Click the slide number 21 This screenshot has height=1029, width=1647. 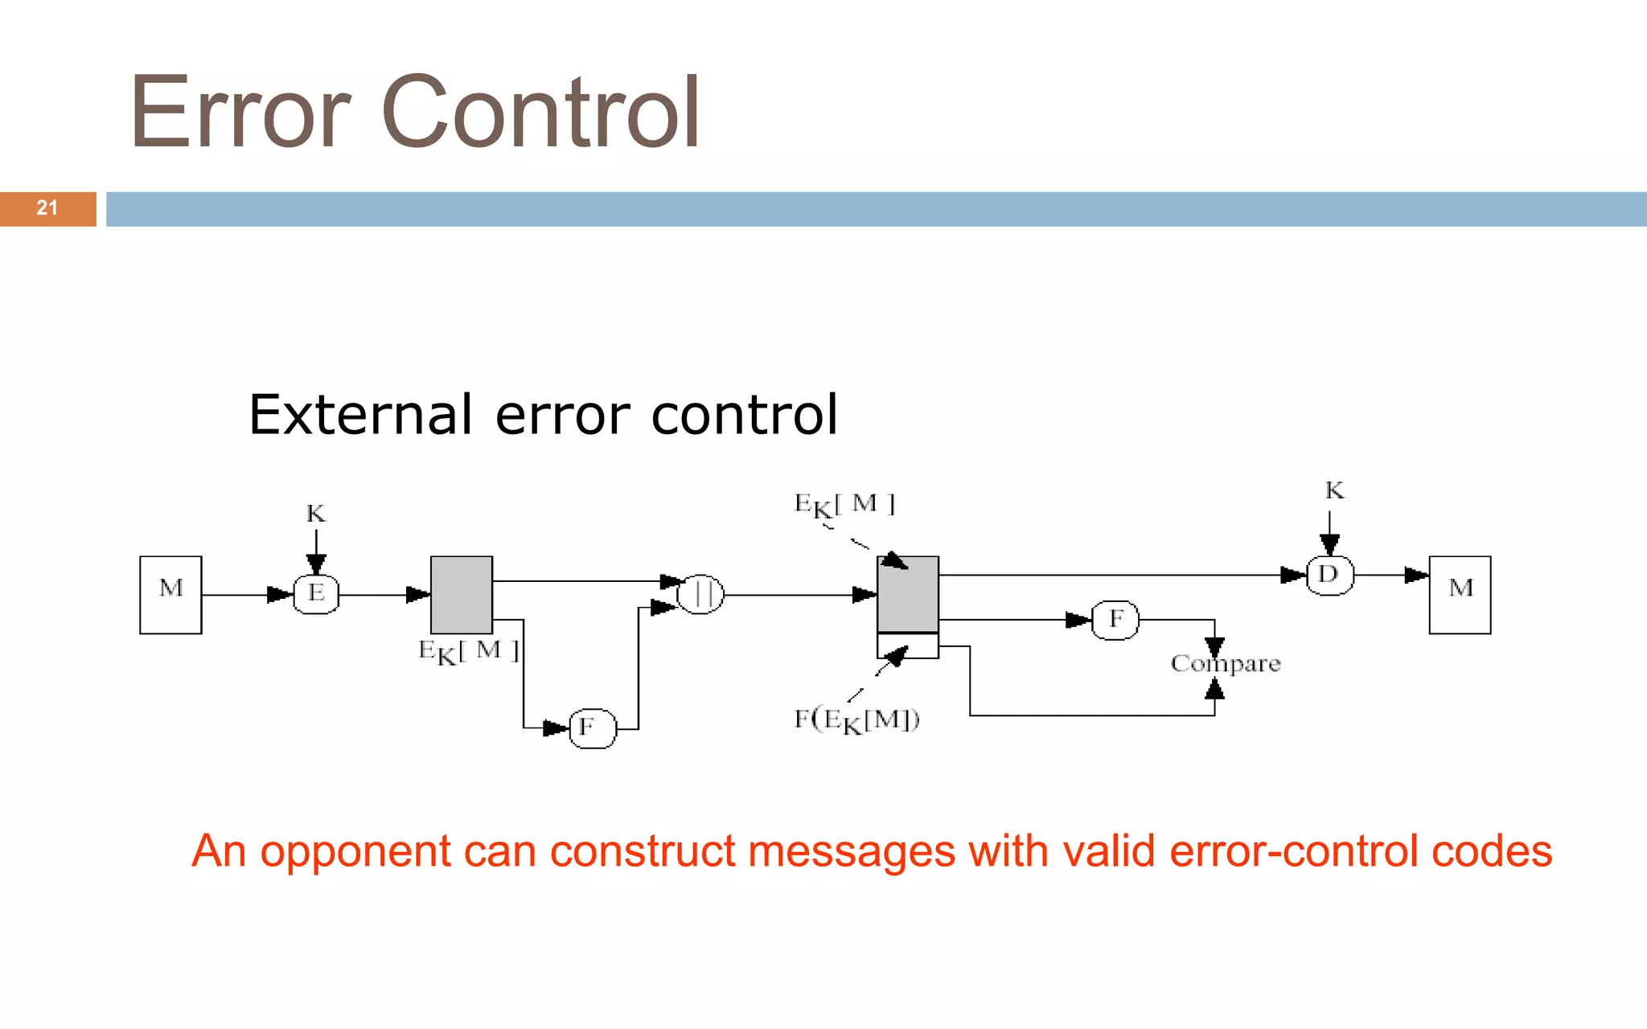point(47,208)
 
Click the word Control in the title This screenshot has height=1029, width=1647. point(540,113)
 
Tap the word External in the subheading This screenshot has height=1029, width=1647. point(359,416)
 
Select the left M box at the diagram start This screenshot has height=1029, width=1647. point(170,594)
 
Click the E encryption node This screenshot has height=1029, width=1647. point(316,594)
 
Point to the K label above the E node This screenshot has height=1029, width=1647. point(316,514)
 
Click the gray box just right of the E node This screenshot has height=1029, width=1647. point(462,594)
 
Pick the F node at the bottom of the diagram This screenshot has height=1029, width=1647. point(592,728)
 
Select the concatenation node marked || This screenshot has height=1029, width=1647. point(700,594)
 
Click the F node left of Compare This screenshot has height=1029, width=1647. point(1115,620)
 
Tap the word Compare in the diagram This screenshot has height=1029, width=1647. point(1225,664)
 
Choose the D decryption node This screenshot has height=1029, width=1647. point(1329,575)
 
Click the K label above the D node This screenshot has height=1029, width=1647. point(1334,490)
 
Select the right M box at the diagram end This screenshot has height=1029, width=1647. point(1460,594)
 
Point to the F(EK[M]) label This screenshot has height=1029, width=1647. point(856,719)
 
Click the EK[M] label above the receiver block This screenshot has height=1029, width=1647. point(844,505)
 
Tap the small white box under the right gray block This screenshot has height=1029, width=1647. point(908,646)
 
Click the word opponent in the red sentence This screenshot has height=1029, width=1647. point(355,851)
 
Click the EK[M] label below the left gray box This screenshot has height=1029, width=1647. point(469,651)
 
